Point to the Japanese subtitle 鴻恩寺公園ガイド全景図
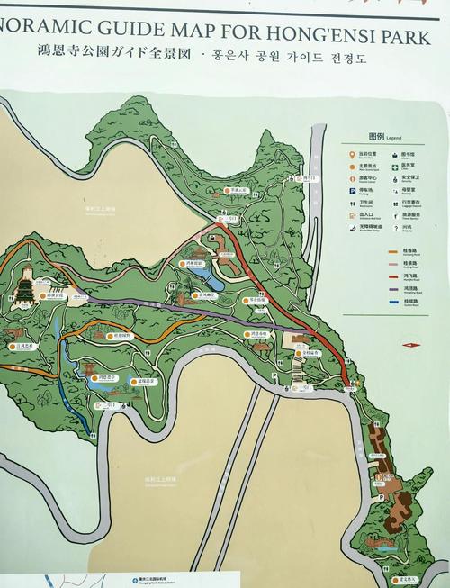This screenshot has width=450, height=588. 117,56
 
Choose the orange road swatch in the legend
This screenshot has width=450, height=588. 393,250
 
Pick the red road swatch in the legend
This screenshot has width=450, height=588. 393,276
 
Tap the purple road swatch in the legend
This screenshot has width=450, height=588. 393,289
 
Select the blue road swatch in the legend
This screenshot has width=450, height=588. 393,302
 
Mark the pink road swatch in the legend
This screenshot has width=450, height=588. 393,263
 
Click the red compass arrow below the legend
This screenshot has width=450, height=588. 409,344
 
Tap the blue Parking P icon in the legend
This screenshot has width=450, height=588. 352,191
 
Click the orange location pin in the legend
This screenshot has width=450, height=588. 352,154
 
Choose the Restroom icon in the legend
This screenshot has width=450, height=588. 352,204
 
